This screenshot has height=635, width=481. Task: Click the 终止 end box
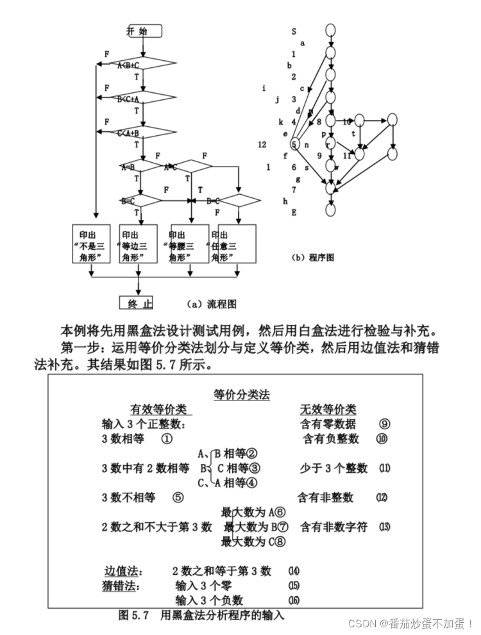pyautogui.click(x=140, y=303)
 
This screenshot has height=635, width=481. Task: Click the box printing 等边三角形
pyautogui.click(x=139, y=244)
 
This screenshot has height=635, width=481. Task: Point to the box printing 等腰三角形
pyautogui.click(x=188, y=244)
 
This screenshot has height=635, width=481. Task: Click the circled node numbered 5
pyautogui.click(x=294, y=145)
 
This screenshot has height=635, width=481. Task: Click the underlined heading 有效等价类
pyautogui.click(x=158, y=409)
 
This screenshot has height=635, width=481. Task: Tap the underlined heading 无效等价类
pyautogui.click(x=328, y=409)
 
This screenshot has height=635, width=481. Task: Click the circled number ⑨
pyautogui.click(x=384, y=424)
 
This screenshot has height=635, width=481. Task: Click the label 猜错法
pyautogui.click(x=124, y=586)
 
